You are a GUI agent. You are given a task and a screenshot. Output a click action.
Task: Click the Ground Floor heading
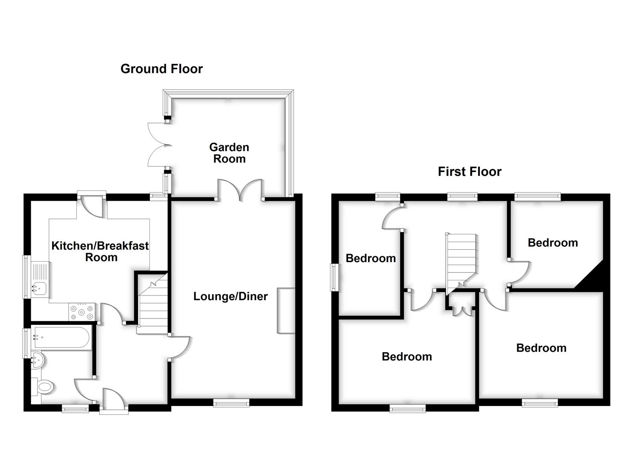[161, 69]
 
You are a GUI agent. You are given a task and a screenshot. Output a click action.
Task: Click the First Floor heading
[469, 172]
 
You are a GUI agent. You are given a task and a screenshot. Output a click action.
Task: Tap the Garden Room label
[229, 153]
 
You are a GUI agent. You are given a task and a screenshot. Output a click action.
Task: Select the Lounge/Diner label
[231, 296]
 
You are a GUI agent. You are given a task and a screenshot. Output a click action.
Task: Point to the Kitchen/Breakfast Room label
[100, 251]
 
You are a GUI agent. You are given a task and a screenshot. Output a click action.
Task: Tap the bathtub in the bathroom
[61, 338]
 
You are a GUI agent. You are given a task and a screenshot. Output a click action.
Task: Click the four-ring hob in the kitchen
[82, 311]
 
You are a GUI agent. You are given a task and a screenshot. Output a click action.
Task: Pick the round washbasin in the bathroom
[38, 360]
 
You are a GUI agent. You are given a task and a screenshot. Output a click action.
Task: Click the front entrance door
[114, 400]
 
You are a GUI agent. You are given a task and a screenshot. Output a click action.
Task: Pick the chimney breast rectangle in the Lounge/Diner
[286, 310]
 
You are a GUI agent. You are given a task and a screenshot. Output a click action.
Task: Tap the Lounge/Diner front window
[231, 402]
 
